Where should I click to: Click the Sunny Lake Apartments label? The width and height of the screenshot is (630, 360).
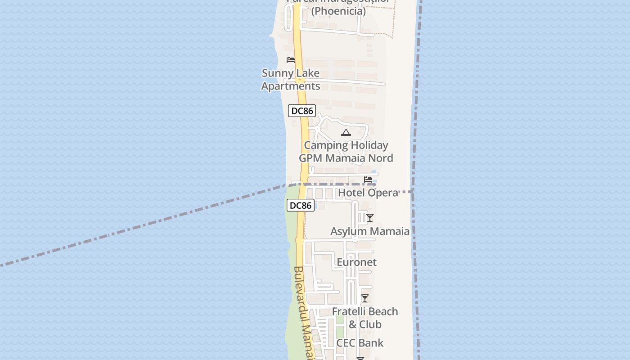[x=291, y=80]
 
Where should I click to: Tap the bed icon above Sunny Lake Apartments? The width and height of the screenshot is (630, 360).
[x=291, y=60]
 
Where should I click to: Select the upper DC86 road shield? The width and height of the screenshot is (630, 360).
[x=302, y=110]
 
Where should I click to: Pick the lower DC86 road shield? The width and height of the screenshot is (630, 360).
[x=300, y=206]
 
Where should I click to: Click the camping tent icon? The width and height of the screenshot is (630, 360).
[x=346, y=132]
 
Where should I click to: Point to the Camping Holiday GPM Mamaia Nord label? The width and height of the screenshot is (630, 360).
[x=346, y=152]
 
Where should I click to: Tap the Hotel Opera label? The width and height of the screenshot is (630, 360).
[x=368, y=193]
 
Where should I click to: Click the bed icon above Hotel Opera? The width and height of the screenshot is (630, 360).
[x=368, y=180]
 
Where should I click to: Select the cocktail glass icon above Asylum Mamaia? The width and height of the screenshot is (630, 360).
[x=369, y=218]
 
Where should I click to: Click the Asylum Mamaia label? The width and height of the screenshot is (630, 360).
[x=370, y=231]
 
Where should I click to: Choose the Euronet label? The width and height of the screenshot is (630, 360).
[x=356, y=262]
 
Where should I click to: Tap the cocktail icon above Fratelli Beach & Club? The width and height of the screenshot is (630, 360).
[x=365, y=298]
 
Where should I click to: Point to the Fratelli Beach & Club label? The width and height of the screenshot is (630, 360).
[x=365, y=318]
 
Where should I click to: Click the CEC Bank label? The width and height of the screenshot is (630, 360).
[x=360, y=343]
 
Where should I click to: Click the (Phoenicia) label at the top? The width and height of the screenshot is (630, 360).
[x=338, y=11]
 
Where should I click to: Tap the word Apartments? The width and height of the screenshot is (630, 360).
[x=291, y=86]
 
